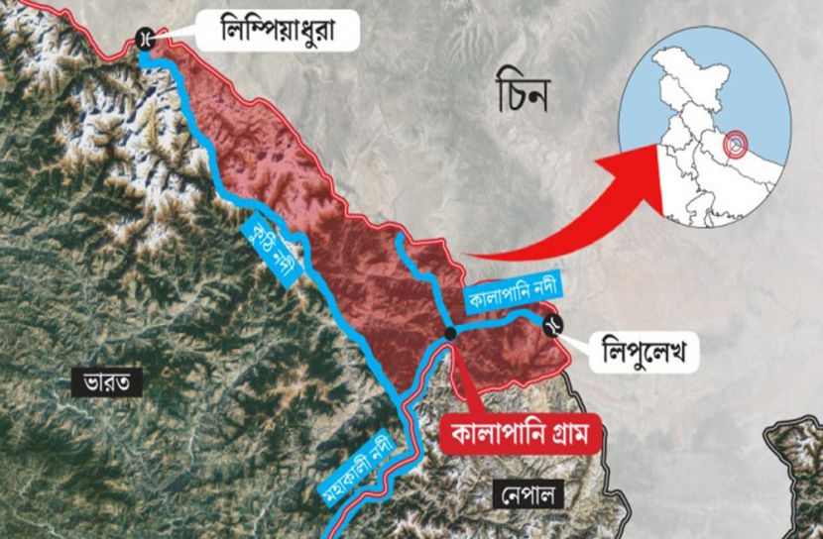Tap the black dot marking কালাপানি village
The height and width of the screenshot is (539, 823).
coord(451,334)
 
